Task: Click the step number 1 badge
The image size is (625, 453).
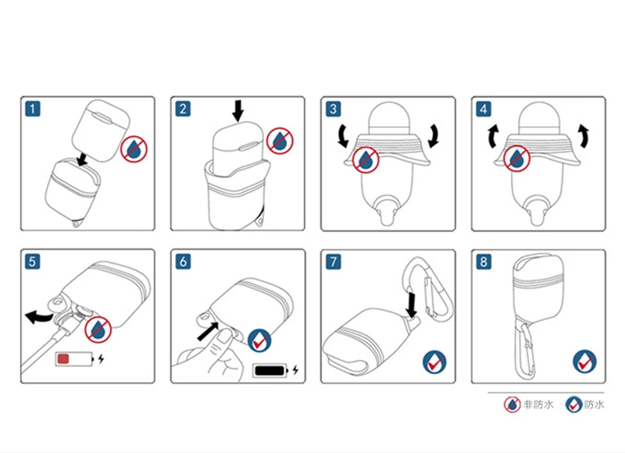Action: (33, 109)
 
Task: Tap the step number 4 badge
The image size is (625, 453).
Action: (484, 109)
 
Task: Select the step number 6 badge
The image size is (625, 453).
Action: (183, 262)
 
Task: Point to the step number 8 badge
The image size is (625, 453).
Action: (484, 262)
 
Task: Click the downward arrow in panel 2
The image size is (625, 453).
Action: (238, 110)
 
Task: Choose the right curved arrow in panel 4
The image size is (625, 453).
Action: (584, 136)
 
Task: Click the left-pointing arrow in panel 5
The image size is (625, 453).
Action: (38, 317)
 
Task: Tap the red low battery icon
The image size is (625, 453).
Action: (74, 359)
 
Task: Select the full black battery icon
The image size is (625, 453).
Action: (271, 370)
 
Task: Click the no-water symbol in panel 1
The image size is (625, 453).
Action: (134, 149)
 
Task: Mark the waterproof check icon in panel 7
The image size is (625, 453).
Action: (434, 362)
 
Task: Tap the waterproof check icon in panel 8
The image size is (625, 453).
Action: (584, 362)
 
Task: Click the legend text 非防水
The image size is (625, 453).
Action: (538, 405)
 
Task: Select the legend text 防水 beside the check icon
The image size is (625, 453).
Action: (595, 405)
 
